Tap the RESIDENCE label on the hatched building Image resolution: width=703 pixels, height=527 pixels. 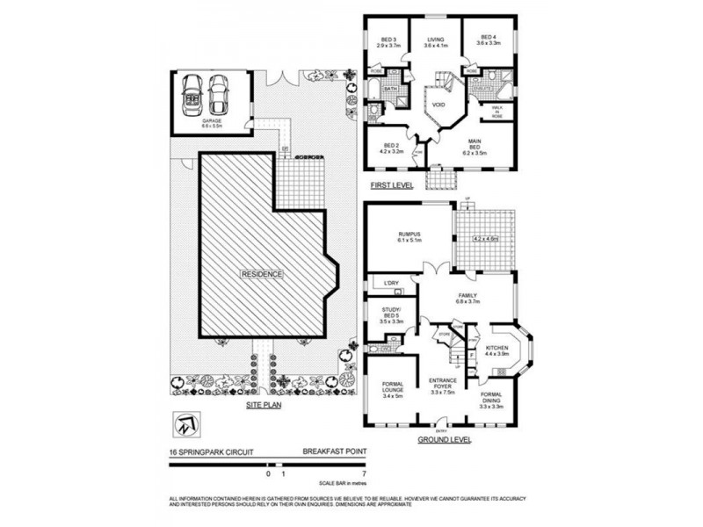point(262,274)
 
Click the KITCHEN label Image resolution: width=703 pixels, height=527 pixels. point(496,349)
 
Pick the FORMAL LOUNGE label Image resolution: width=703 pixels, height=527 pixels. point(391,387)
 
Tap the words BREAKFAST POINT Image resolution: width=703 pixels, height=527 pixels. point(335,453)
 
